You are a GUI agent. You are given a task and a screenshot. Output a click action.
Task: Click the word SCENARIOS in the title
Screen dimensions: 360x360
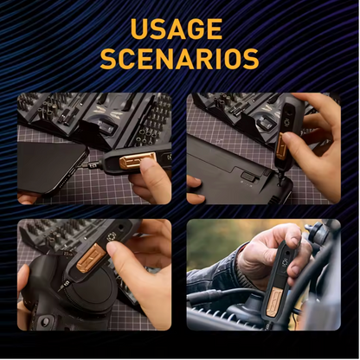coord(179,59)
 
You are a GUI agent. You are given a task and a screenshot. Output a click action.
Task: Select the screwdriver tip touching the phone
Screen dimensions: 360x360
coord(87,161)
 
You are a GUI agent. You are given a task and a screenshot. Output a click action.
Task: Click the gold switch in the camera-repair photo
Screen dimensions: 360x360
coord(90,257)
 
